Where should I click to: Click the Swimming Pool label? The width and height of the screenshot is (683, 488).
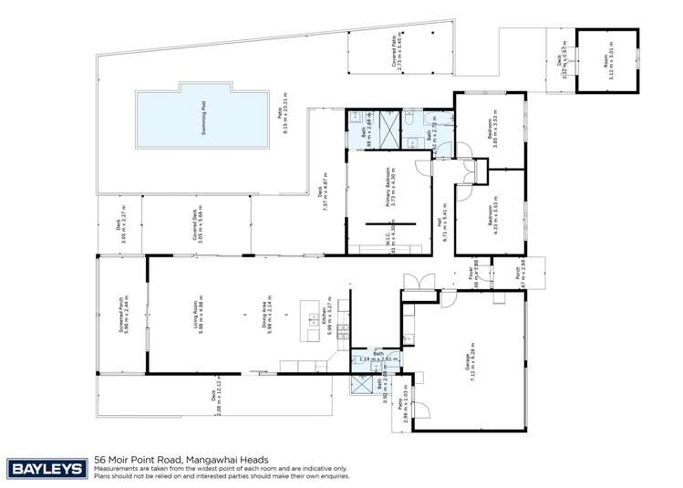click(202, 119)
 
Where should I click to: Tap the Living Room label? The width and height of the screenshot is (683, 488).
click(194, 315)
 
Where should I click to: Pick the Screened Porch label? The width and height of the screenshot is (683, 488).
click(121, 314)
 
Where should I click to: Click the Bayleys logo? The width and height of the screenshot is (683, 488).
click(45, 468)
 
